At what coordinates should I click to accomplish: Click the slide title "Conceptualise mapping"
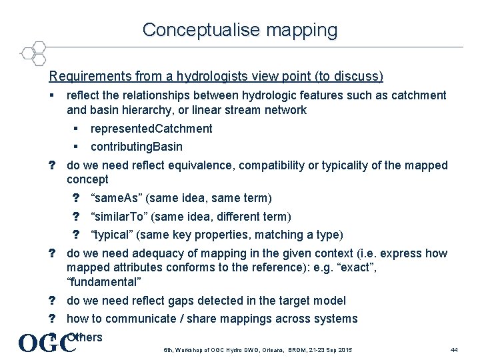pyautogui.click(x=240, y=30)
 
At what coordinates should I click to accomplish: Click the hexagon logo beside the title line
pyautogui.click(x=33, y=52)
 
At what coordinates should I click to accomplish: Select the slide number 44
pyautogui.click(x=454, y=350)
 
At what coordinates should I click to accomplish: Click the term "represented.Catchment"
pyautogui.click(x=151, y=129)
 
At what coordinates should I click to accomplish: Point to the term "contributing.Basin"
pyautogui.click(x=137, y=147)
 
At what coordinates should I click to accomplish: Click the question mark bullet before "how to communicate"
pyautogui.click(x=51, y=319)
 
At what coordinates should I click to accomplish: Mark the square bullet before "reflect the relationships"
pyautogui.click(x=52, y=95)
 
